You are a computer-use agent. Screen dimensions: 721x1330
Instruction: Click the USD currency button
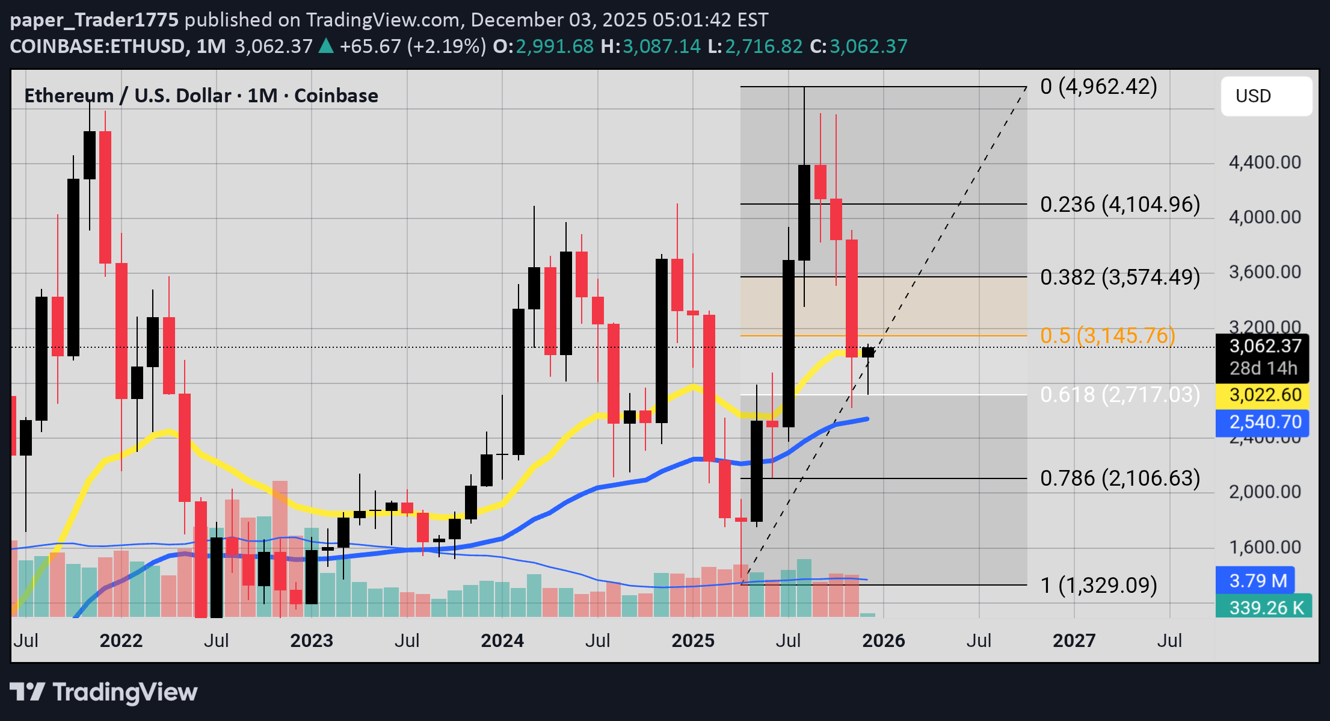pos(1266,96)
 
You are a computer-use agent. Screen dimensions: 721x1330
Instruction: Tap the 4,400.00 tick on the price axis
pos(1264,162)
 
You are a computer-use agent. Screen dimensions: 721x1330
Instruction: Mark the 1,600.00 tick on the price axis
pos(1264,547)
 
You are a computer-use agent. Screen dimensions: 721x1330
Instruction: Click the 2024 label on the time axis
pos(502,640)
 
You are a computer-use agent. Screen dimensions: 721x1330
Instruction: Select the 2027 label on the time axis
pos(1074,640)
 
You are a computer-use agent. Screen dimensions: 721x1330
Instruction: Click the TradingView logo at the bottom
pos(103,692)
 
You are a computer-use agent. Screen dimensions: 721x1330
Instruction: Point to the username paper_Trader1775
pos(94,20)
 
